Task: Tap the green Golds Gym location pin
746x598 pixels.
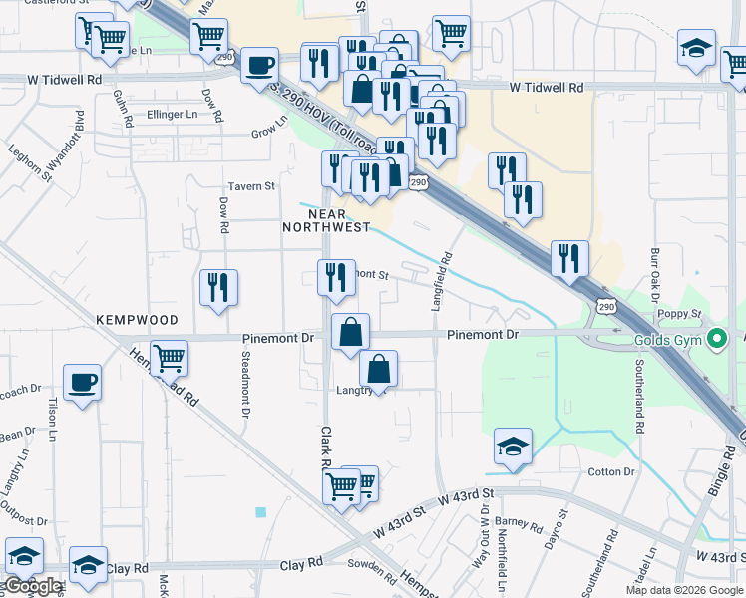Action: click(715, 341)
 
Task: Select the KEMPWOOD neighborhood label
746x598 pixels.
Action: click(137, 320)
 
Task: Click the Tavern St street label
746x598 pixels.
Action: click(251, 186)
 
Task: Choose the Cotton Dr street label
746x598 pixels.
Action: click(611, 471)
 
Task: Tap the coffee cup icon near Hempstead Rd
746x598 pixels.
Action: click(82, 382)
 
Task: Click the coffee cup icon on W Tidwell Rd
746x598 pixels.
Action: click(259, 66)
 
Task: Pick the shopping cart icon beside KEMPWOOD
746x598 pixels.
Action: click(170, 356)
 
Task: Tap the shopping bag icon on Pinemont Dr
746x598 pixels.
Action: click(350, 332)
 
